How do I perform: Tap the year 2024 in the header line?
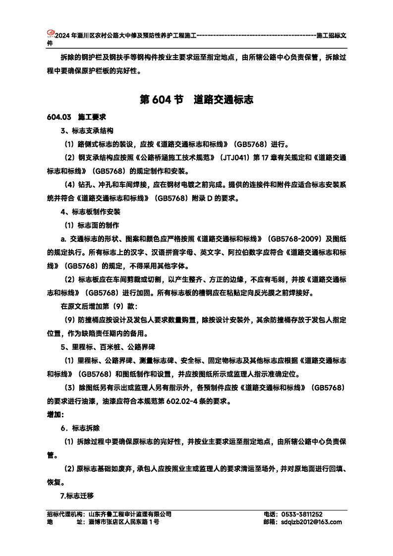click(x=62, y=36)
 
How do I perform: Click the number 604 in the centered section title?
click(x=163, y=100)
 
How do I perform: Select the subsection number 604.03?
click(x=59, y=118)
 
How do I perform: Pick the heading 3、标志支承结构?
click(x=87, y=131)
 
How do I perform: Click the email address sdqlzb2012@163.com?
click(x=311, y=522)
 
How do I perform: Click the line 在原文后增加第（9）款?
click(x=99, y=306)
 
